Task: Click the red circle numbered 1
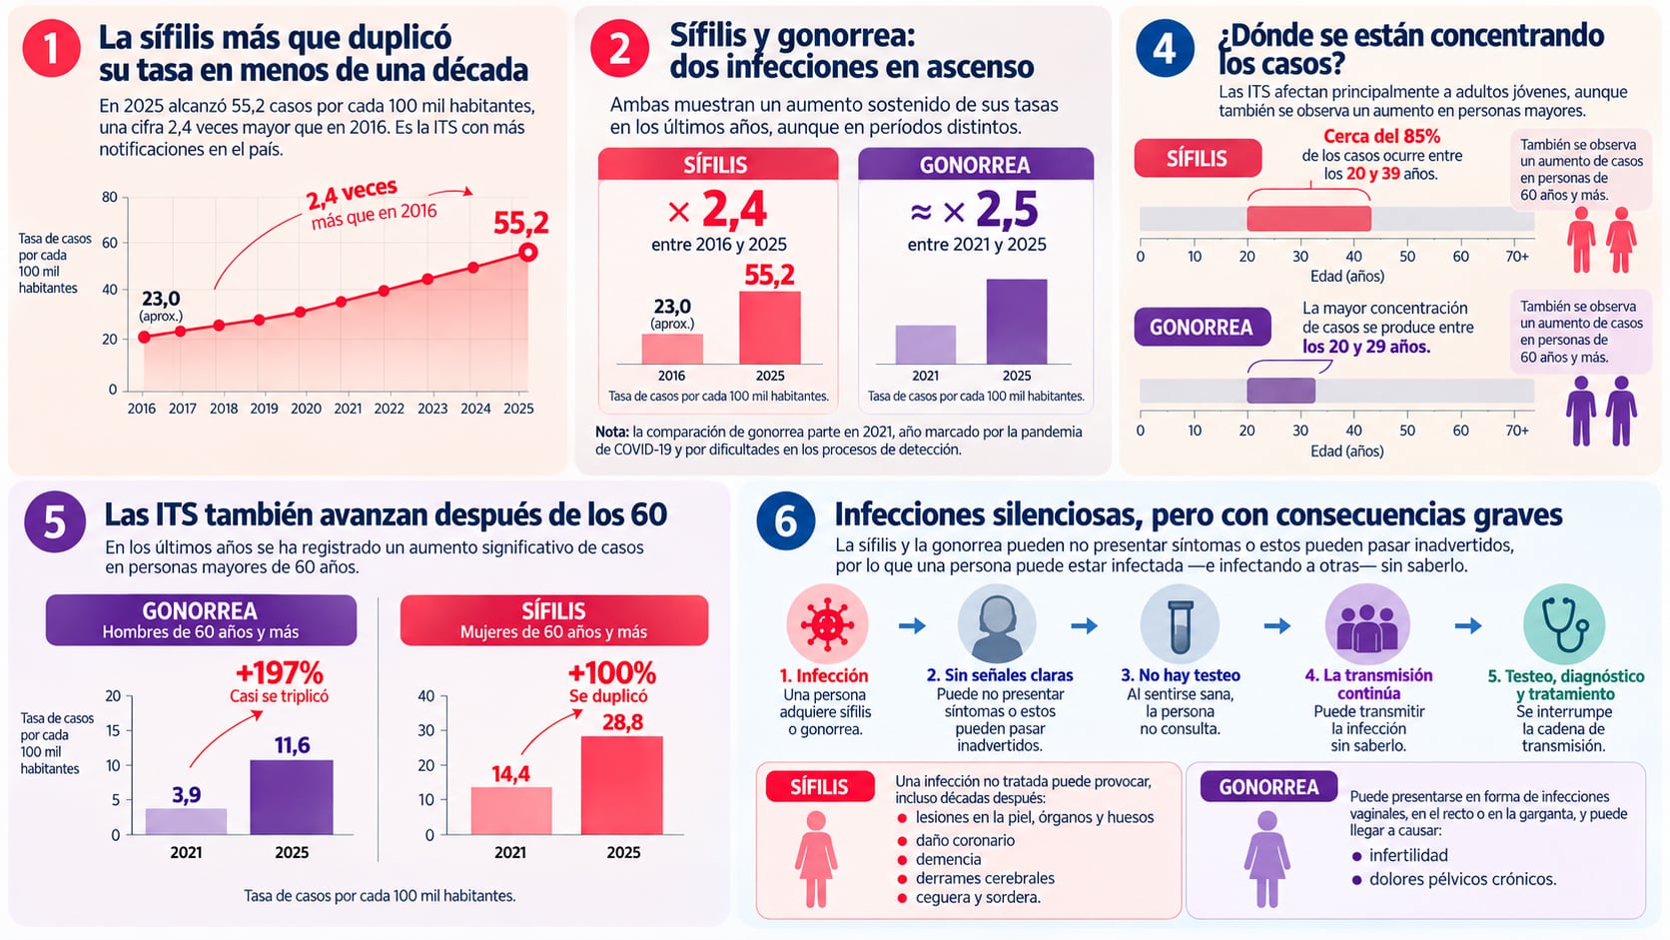point(52,49)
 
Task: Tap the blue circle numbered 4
point(1165,49)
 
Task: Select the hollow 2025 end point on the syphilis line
point(527,252)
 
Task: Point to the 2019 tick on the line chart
point(264,409)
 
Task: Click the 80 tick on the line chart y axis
point(110,197)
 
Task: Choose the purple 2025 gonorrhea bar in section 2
point(1016,322)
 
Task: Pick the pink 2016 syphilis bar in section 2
point(672,349)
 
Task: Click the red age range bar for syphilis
point(1308,219)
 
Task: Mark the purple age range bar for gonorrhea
point(1280,391)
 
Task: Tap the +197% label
point(280,673)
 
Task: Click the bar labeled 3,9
point(186,821)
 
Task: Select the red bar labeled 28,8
point(622,785)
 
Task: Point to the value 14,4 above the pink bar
point(510,774)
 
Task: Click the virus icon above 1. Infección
point(827,624)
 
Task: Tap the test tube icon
point(1180,624)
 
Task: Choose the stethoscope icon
point(1563,624)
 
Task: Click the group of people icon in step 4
point(1367,624)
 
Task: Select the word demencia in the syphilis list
point(948,859)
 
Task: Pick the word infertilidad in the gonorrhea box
point(1408,855)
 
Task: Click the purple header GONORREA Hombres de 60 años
point(202,620)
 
